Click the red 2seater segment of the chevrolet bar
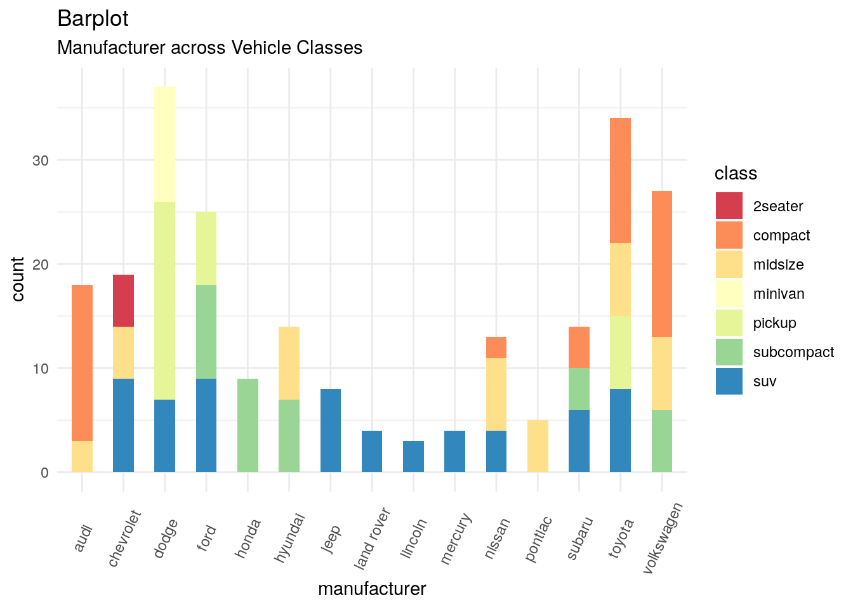coord(123,301)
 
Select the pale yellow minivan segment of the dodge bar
coord(164,145)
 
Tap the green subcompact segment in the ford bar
coord(206,332)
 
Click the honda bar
coord(248,425)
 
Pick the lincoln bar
coord(413,456)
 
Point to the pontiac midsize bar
coord(538,446)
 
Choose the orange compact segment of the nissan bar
coord(496,347)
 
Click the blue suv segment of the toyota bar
coord(620,430)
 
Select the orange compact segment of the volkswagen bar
coord(662,264)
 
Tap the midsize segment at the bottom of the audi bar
coord(82,456)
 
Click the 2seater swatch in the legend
coord(729,206)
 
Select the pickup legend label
coord(774,323)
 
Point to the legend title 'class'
coord(736,173)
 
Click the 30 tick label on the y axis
coord(41,160)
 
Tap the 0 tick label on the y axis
coord(44,473)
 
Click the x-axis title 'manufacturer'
coord(372,589)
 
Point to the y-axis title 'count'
coord(18,279)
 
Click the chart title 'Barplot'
coord(93,18)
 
